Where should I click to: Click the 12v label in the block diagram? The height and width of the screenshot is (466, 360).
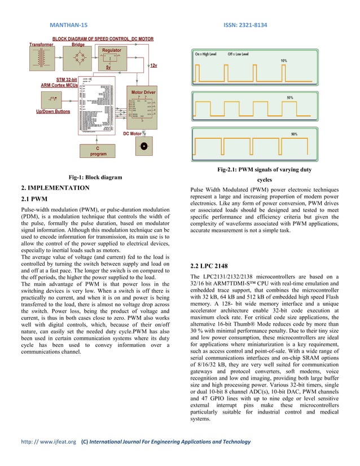point(153,66)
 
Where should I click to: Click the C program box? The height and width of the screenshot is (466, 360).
point(96,151)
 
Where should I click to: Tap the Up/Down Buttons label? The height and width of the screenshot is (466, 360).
point(53,112)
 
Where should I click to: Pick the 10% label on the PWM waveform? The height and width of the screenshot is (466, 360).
point(284,60)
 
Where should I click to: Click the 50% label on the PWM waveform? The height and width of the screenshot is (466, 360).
point(289,97)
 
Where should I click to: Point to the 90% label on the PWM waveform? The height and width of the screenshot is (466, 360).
point(294,134)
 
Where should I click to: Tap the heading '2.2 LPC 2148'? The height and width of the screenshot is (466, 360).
point(208,265)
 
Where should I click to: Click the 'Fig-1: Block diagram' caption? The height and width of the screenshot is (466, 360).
point(95,177)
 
